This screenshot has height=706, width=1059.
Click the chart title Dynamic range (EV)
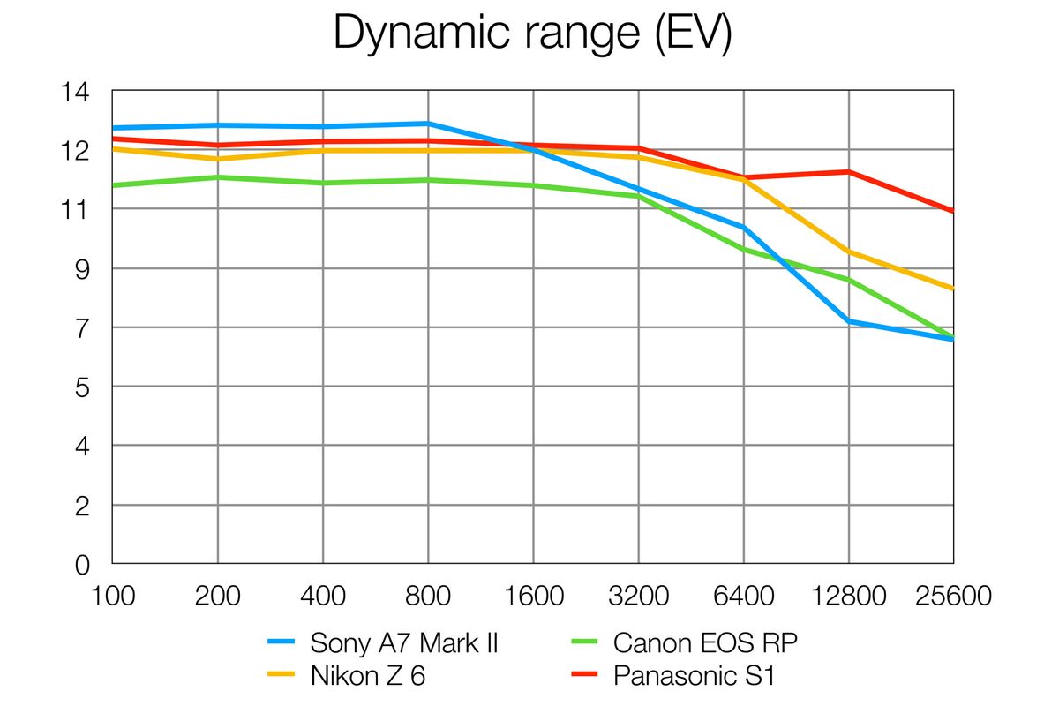click(532, 35)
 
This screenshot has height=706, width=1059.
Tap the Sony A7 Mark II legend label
click(404, 642)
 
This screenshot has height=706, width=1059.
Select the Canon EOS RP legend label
click(706, 642)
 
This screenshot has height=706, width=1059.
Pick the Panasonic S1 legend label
click(695, 677)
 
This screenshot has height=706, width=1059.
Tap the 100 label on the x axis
click(113, 597)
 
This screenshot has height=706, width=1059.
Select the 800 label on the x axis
click(428, 597)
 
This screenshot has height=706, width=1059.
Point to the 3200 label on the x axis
click(638, 597)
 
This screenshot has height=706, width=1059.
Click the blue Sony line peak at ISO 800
click(428, 124)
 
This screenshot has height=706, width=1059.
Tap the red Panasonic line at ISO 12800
click(849, 172)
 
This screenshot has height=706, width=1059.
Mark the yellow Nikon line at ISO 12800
click(849, 252)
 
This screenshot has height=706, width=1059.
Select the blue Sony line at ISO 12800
click(849, 321)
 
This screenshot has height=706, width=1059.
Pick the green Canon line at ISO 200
click(218, 177)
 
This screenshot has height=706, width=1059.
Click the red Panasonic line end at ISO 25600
click(951, 211)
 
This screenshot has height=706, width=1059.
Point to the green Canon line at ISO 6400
click(744, 250)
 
